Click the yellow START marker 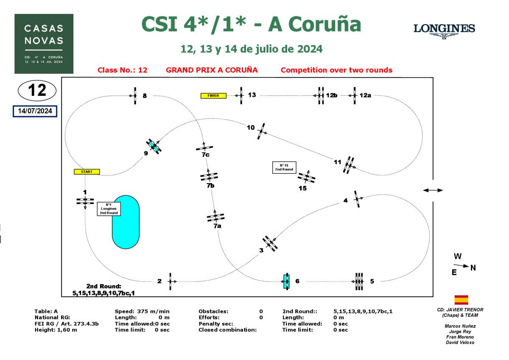[x=87, y=172]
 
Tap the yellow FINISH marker [x=213, y=95]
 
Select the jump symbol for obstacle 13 [x=241, y=95]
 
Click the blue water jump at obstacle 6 [x=286, y=281]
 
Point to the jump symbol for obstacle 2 [x=170, y=281]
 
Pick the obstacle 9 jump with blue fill [x=154, y=146]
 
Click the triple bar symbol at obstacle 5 [x=359, y=281]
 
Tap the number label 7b [x=210, y=186]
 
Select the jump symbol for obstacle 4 [x=358, y=198]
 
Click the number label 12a [x=365, y=95]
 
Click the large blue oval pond [x=126, y=222]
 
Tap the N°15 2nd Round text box [x=284, y=167]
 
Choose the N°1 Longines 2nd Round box [x=109, y=209]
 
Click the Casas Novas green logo [x=44, y=44]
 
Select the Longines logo [x=444, y=31]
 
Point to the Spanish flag [x=461, y=300]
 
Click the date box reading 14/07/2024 [x=35, y=111]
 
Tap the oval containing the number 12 [x=37, y=90]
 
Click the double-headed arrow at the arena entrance [x=433, y=190]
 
